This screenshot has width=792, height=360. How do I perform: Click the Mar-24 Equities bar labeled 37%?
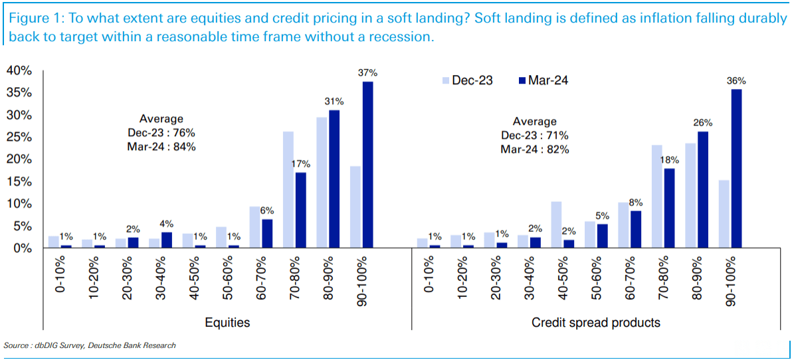pos(367,165)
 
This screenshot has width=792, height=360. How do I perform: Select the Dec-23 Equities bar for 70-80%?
pos(288,189)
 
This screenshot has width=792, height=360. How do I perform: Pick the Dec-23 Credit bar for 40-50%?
pos(557,225)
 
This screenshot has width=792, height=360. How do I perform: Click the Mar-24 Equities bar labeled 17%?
pos(300,210)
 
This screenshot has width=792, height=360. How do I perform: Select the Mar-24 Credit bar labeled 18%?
pos(669,208)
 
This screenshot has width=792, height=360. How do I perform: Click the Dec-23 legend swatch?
pos(445,80)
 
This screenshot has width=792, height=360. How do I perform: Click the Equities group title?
pos(228,323)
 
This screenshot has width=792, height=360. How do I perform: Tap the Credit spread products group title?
pos(596,323)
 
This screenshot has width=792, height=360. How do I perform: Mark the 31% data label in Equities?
pos(334,102)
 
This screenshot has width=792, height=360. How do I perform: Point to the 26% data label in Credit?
pos(703,123)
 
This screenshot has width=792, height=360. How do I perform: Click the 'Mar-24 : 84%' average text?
pos(161,147)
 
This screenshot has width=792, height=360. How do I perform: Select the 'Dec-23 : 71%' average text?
pos(534,135)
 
